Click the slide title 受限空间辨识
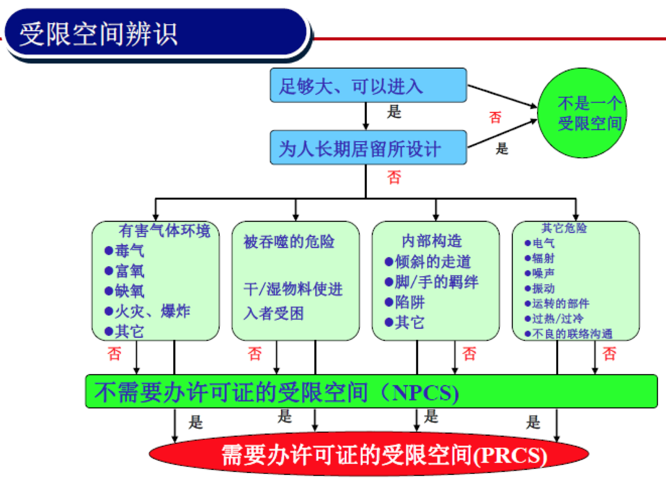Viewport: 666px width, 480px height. pos(99,34)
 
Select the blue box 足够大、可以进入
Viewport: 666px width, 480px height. pos(368,85)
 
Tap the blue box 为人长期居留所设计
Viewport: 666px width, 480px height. pos(368,148)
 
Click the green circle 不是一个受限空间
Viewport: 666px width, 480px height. pos(582,113)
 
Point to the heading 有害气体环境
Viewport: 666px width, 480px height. pos(164,230)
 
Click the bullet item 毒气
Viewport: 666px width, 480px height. pos(124,251)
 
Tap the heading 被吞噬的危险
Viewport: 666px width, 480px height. pos(289,242)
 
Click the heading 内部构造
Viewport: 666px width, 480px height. pos(432,241)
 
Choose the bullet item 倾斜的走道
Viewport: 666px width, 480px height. pos(428,262)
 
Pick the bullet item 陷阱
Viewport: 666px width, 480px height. pos(405,302)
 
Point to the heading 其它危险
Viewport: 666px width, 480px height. pos(564,228)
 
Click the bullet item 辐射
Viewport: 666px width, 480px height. pos(540,258)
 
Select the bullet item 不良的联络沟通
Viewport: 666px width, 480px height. pos(569,334)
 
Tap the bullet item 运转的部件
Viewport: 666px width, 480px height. pos(557,304)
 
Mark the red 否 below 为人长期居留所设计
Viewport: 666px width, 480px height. pos(394,178)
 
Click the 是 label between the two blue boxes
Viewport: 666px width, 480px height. pos(394,112)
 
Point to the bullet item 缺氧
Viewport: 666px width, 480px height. pos(124,291)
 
